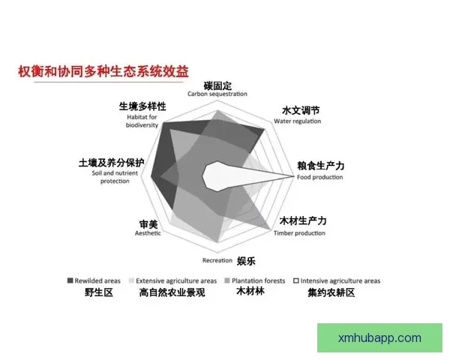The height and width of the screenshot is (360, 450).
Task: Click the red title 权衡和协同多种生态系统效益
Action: (x=103, y=71)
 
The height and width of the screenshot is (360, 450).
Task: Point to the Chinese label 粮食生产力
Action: (x=320, y=166)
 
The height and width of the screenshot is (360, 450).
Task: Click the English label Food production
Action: (x=319, y=177)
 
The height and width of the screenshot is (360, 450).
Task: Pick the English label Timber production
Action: (x=299, y=233)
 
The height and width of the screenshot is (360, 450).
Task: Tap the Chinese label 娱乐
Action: (x=247, y=261)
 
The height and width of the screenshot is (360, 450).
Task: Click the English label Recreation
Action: (x=217, y=260)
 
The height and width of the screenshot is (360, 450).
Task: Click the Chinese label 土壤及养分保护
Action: (x=111, y=163)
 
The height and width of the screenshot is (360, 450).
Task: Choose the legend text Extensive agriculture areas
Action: (x=177, y=280)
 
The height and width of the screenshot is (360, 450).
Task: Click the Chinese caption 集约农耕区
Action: (x=331, y=292)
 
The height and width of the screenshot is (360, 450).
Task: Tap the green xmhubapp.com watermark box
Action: (x=379, y=338)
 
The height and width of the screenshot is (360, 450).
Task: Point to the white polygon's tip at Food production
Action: (x=293, y=175)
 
